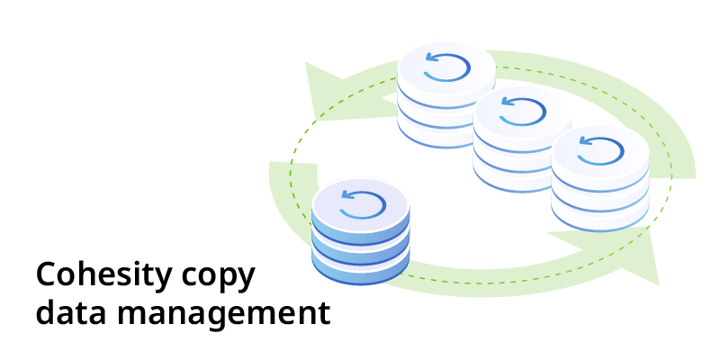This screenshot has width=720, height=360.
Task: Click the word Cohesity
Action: (99, 275)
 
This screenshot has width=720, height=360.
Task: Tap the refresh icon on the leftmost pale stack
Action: (446, 67)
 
